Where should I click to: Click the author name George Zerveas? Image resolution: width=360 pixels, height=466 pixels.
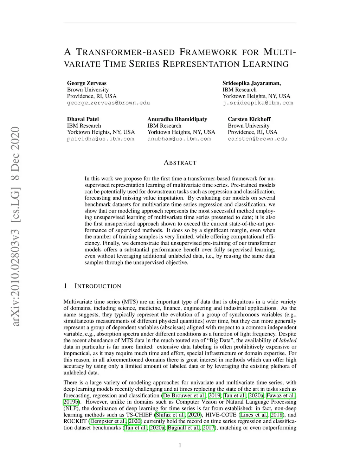coord(86,83)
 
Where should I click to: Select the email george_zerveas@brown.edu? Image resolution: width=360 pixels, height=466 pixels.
coord(108,103)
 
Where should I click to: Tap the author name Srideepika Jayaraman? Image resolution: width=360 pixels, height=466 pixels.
coord(251,83)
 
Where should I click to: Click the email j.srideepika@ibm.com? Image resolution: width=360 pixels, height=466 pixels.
coord(257,103)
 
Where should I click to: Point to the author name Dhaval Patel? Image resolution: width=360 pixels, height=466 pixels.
coord(83,119)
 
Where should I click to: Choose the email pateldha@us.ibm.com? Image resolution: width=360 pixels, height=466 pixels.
coord(100,139)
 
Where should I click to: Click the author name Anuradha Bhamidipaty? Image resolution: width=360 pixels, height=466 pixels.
coord(177,119)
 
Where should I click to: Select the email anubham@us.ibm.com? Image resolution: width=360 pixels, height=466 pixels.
coord(179,139)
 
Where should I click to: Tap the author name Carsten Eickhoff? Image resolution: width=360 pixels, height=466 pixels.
coord(249,119)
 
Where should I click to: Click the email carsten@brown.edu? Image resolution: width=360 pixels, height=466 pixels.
coord(257,139)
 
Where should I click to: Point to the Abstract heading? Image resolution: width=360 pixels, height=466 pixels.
coord(180,163)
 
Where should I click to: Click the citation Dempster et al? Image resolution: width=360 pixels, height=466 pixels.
coord(108,421)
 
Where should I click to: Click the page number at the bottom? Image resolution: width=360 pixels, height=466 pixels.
coord(180,446)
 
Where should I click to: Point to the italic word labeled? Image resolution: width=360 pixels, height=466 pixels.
coord(288,340)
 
